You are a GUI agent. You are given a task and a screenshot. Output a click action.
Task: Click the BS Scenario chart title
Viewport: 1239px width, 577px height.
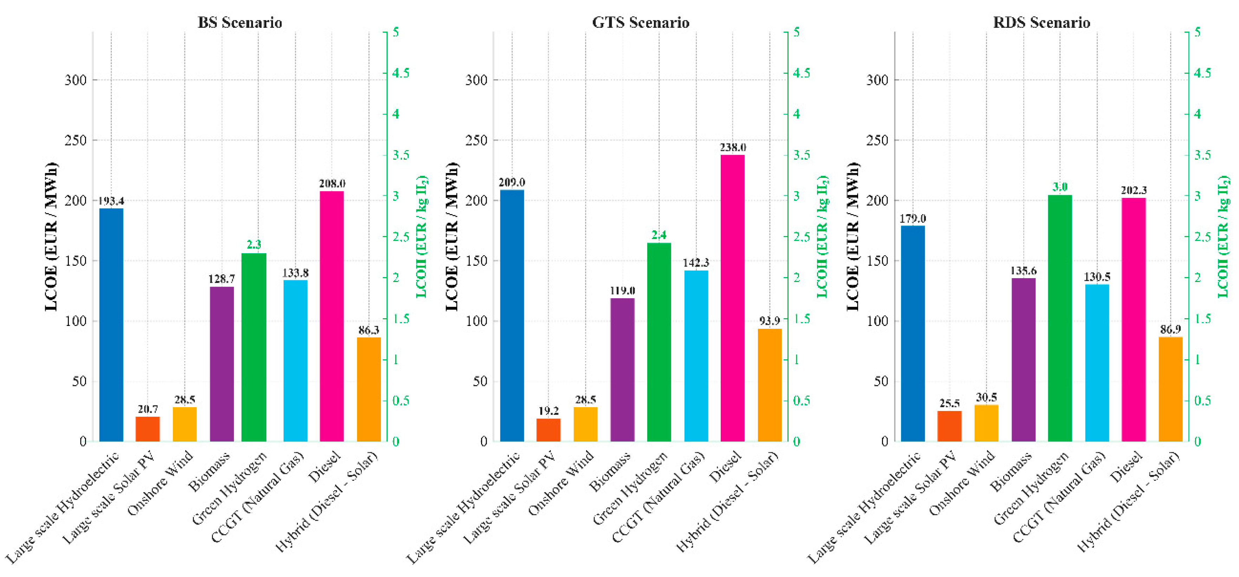click(240, 22)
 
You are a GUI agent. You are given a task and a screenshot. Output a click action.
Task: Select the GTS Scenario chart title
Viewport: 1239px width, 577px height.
click(640, 22)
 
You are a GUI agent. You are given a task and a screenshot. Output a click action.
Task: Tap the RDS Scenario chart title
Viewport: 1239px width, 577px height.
click(1041, 22)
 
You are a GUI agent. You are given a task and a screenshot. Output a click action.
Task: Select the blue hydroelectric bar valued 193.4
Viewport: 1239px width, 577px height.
click(111, 325)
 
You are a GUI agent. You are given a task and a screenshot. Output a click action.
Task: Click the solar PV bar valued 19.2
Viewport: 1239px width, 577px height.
click(548, 430)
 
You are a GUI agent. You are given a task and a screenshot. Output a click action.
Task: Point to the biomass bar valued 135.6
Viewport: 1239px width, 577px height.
click(1024, 359)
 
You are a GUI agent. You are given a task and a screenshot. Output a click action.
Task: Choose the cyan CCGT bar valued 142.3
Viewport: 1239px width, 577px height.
click(696, 355)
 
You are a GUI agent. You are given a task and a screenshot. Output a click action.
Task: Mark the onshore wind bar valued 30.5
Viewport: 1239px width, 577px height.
click(986, 423)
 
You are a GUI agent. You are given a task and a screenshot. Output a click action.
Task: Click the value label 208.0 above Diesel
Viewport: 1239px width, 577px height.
click(332, 183)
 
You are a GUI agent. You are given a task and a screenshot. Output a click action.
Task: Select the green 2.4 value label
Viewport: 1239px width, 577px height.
click(659, 235)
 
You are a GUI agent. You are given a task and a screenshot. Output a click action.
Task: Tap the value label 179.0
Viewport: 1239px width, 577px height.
click(913, 218)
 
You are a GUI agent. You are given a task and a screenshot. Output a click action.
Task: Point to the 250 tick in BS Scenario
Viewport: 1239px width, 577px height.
click(76, 140)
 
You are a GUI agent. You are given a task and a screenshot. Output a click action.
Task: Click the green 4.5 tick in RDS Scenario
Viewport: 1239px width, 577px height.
click(1203, 73)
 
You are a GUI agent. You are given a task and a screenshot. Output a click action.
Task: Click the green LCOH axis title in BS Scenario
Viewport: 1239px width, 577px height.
click(422, 237)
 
